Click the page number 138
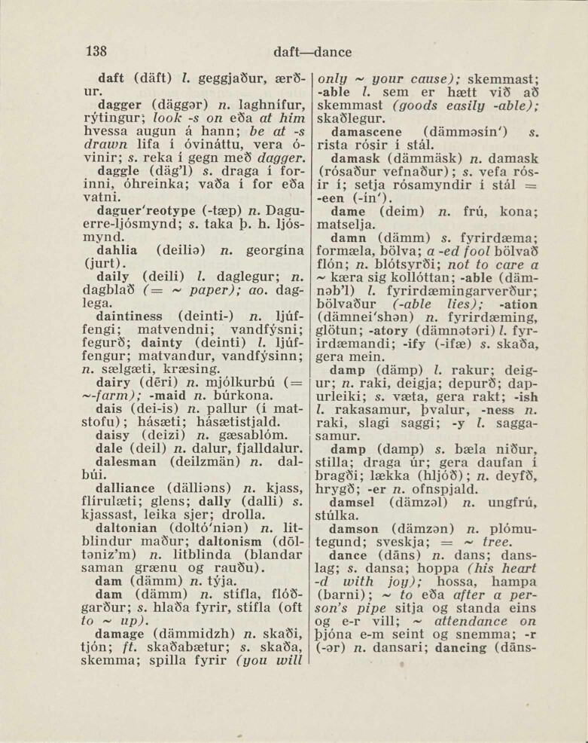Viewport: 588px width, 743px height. (96, 52)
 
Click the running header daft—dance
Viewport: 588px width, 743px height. (312, 53)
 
